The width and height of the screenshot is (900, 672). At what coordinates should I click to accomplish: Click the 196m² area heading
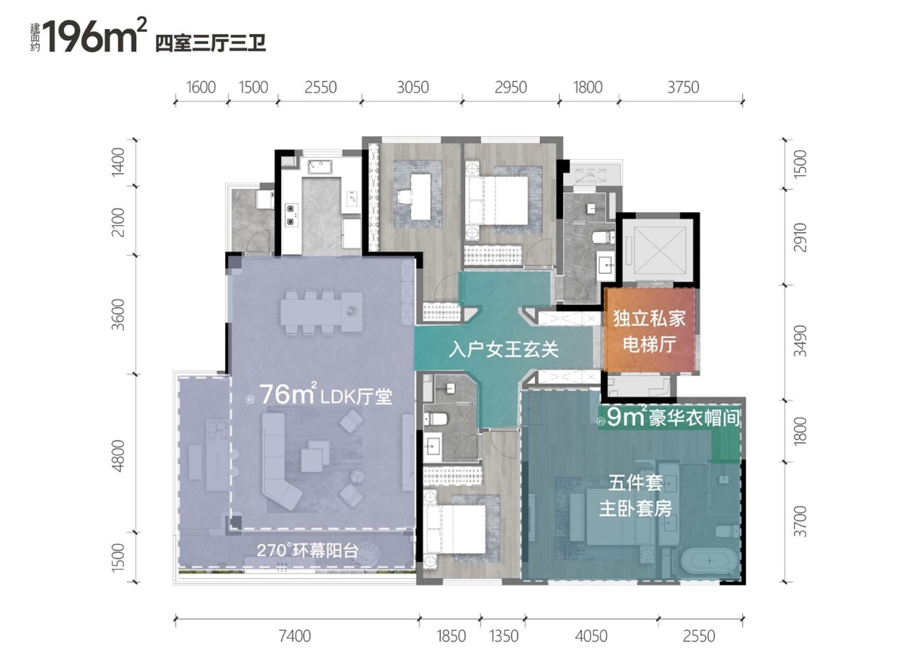(94, 35)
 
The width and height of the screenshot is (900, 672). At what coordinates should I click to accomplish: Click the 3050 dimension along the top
(412, 87)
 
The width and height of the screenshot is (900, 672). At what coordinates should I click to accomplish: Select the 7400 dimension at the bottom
(295, 636)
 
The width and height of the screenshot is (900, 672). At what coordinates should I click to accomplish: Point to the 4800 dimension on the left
(118, 456)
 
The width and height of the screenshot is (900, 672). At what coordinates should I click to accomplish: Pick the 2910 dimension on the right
(800, 238)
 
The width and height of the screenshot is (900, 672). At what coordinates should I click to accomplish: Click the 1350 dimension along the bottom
(504, 636)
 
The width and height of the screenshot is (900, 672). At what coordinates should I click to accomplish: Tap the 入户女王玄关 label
(503, 350)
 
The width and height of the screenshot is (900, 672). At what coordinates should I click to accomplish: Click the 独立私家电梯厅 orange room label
(649, 331)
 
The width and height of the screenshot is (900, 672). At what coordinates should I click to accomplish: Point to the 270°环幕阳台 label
(307, 551)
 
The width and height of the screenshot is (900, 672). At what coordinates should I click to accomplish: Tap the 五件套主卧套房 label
(635, 496)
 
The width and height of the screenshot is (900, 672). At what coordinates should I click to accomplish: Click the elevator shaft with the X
(659, 250)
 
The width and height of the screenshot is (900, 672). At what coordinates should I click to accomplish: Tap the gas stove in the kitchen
(291, 215)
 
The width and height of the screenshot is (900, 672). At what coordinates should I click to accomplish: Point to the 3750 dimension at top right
(683, 87)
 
